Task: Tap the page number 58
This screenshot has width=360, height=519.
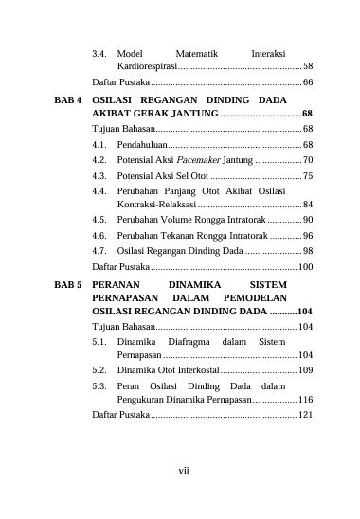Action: pos(308,67)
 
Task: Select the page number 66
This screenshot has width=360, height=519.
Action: pos(308,83)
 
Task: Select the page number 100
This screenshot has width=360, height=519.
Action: pos(305,267)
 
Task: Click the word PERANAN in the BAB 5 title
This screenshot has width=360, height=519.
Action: pos(117,283)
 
